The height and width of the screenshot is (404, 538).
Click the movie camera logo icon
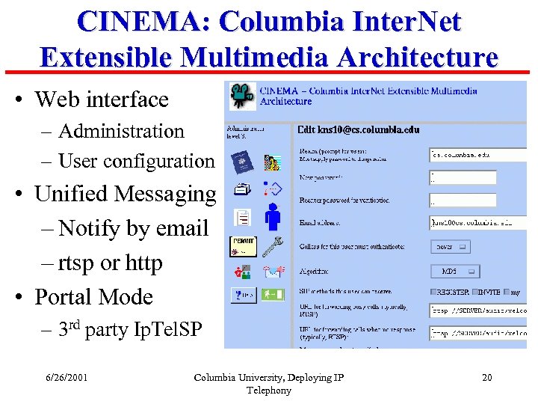tap(241, 94)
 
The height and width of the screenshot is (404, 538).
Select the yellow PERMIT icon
tap(243, 245)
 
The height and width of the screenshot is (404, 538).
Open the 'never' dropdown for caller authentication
tap(450, 246)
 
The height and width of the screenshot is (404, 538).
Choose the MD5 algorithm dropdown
tap(450, 272)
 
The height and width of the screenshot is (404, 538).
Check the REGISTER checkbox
tap(434, 292)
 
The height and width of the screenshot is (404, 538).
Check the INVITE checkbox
tap(475, 292)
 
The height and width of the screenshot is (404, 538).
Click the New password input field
tap(463, 177)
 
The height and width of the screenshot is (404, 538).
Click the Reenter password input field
tap(463, 200)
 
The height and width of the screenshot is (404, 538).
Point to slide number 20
tap(487, 377)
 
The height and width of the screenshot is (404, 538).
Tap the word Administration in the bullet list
tap(121, 131)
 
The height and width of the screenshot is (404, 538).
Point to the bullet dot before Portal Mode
tap(20, 297)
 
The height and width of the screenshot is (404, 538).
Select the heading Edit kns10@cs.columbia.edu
tap(358, 129)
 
